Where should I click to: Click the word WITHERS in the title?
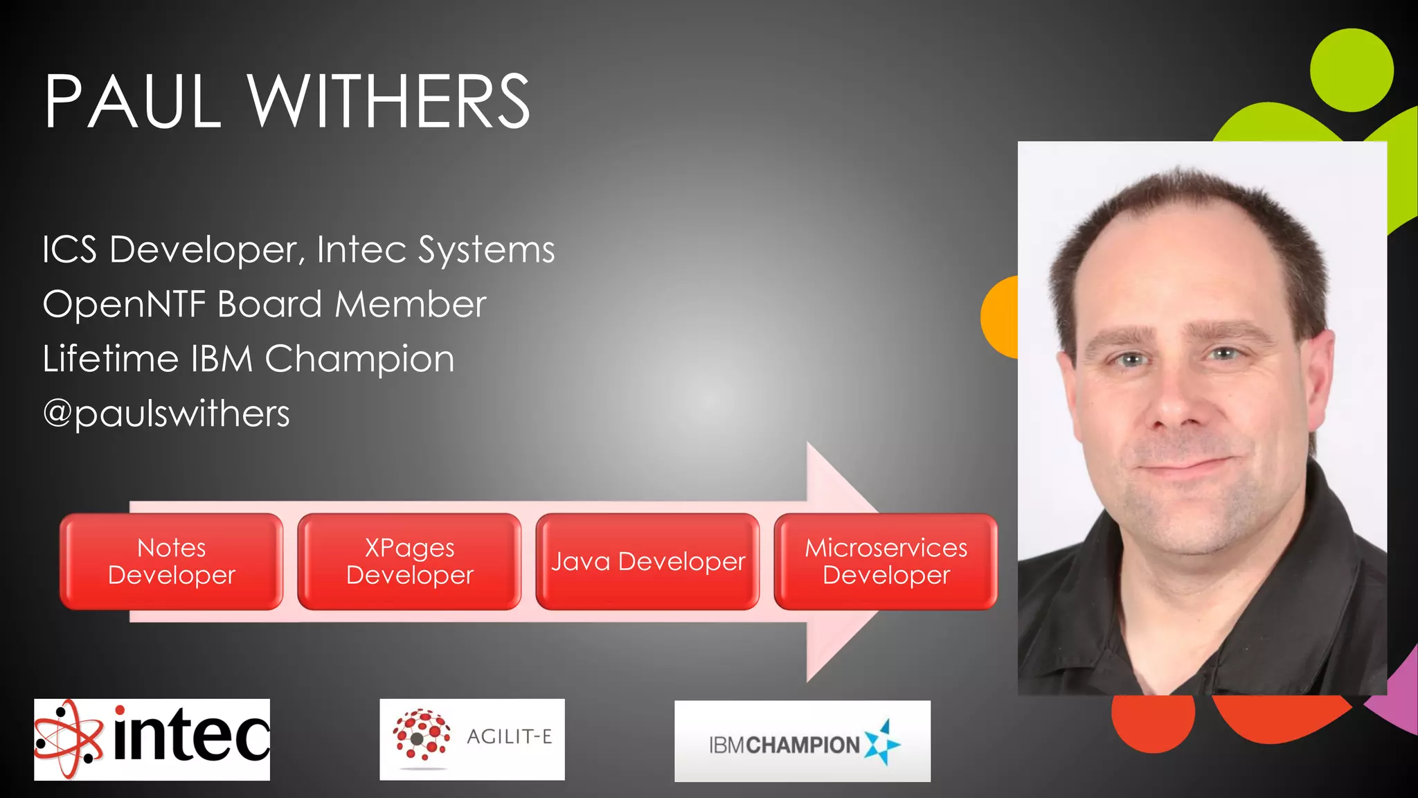(389, 103)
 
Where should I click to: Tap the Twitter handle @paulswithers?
(166, 414)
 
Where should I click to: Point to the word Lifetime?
(111, 359)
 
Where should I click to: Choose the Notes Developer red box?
(172, 562)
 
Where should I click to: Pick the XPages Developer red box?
(409, 562)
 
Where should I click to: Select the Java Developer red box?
(647, 562)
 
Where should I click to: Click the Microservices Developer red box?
(886, 562)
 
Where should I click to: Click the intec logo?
(152, 739)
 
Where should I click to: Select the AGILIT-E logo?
(472, 739)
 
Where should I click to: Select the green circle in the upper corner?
(1352, 70)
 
